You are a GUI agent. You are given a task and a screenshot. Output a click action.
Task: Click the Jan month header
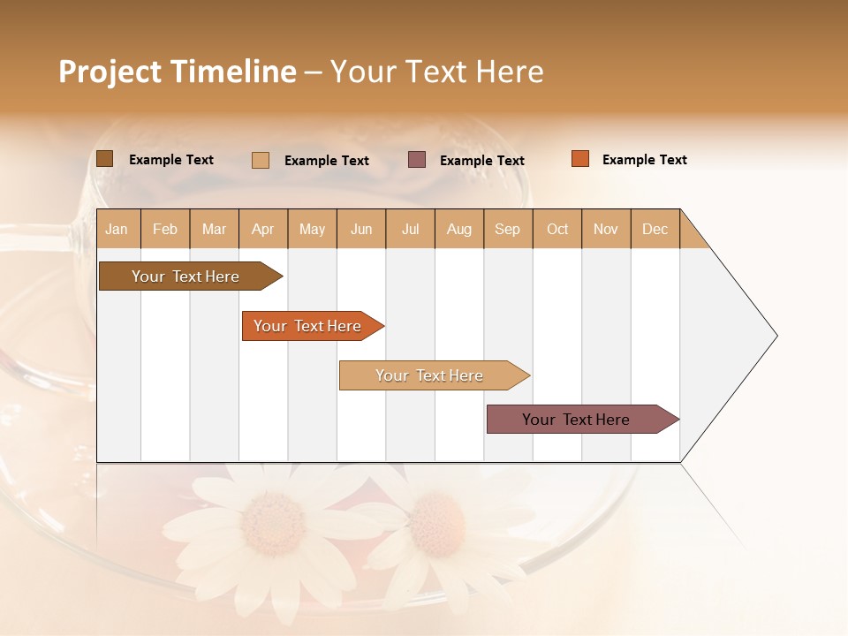[117, 229]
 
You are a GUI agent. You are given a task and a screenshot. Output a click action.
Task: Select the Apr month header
[262, 229]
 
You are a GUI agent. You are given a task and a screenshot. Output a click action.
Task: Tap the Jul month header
[410, 229]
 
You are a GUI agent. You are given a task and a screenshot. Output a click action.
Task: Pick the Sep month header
[507, 229]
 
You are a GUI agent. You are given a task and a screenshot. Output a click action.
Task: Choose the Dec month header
[655, 229]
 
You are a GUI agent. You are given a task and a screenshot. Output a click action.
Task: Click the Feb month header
[165, 229]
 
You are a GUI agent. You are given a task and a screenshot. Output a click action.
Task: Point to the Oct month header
[557, 229]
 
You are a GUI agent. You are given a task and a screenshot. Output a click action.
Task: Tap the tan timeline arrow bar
[430, 375]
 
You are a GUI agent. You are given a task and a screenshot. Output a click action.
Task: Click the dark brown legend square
[104, 159]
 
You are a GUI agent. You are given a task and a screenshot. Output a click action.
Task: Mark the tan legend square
[261, 160]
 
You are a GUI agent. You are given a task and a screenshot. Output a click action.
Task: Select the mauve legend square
[417, 159]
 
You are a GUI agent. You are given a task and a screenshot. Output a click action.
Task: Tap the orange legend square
[579, 159]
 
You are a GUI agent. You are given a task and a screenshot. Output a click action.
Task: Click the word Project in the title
[110, 72]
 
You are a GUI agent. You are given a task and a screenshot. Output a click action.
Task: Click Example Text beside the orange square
[644, 160]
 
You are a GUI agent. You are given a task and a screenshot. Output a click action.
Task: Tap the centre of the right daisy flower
[435, 524]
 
